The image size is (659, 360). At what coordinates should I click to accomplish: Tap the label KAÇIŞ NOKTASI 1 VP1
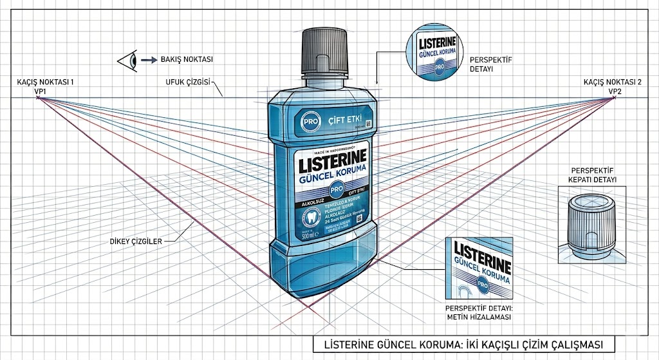(x=41, y=86)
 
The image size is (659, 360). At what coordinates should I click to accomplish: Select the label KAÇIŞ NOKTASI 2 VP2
(x=613, y=86)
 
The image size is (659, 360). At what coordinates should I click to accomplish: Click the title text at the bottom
(x=462, y=343)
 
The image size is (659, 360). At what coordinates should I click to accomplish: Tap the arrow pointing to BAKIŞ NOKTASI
(x=149, y=60)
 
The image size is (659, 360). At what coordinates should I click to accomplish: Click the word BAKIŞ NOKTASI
(x=187, y=60)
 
